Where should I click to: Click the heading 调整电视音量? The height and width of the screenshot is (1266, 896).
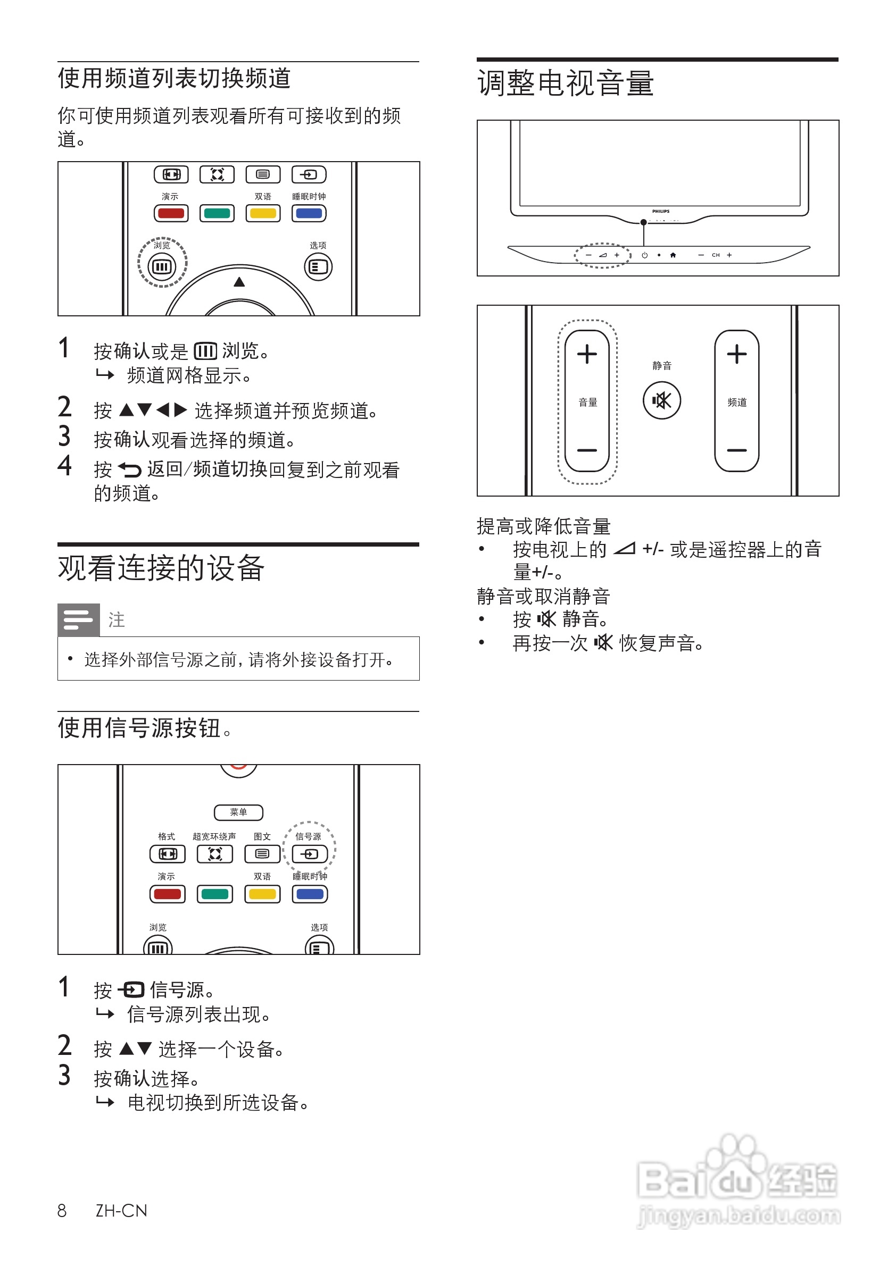point(566,84)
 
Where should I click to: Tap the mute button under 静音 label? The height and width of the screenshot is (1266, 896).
point(661,400)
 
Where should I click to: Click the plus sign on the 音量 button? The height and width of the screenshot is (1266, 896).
point(587,354)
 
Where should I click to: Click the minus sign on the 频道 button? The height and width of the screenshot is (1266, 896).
point(736,450)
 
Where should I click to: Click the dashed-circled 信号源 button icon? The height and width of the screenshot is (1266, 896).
point(310,854)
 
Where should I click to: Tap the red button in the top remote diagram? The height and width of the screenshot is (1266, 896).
point(171,213)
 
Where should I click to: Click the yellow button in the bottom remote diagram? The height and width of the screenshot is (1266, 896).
point(263,894)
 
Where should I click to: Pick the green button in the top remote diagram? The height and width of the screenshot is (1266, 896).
point(217,213)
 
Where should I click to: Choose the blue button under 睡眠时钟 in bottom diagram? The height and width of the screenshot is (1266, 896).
point(310,894)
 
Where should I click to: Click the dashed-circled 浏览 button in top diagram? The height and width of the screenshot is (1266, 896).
point(162,267)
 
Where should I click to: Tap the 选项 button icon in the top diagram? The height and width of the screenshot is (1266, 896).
point(318,267)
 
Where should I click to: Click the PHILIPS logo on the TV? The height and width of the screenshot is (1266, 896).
point(660,211)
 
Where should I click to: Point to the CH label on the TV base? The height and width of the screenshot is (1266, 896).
point(716,255)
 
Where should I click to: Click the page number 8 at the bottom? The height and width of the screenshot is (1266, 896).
point(62,1211)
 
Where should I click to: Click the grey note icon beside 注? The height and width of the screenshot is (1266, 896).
point(78,620)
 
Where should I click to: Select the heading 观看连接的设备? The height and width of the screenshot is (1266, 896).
point(161,568)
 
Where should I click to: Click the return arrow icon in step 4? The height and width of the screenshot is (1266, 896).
point(130,470)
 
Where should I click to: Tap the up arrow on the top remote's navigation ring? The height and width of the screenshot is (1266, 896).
point(239,282)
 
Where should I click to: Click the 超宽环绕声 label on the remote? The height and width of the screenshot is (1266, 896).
point(214,836)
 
